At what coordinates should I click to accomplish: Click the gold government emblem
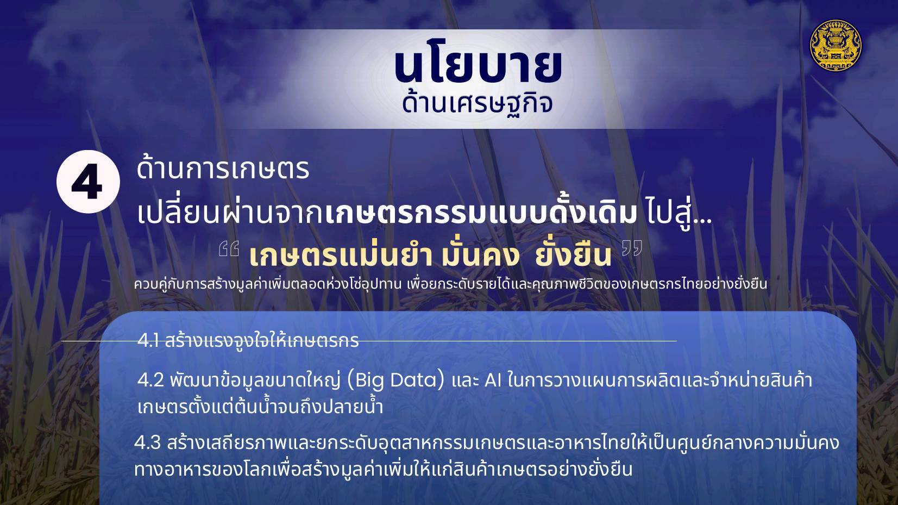point(836,45)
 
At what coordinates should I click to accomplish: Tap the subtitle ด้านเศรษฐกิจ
point(478,103)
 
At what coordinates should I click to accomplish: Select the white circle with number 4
point(88,182)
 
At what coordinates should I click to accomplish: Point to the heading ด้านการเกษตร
point(223,170)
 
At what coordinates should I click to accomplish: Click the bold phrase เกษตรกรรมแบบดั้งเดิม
point(481,213)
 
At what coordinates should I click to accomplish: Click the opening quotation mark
point(229,248)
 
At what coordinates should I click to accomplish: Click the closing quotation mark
point(632,248)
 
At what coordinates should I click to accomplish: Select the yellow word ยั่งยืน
point(573,255)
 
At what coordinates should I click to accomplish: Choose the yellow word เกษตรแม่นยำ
point(341,255)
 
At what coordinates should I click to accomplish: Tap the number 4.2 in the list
point(150,381)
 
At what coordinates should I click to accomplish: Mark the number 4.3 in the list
point(148,443)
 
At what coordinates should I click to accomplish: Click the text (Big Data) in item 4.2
point(395,381)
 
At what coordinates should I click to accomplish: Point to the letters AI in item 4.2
point(493,381)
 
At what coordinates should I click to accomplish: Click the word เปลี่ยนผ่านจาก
point(230,214)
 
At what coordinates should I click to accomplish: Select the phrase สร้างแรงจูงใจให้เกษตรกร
point(261,340)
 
